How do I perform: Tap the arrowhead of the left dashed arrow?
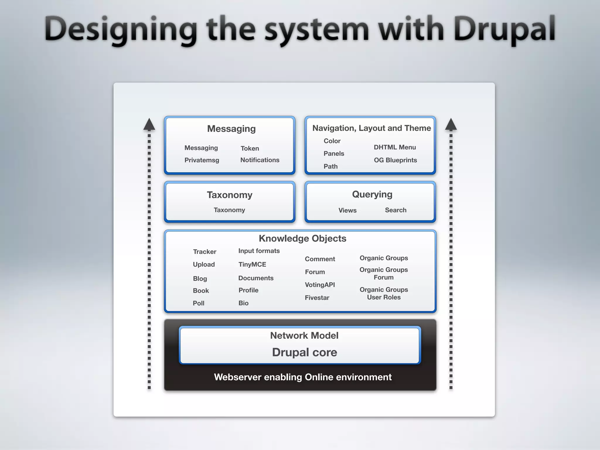coord(149,124)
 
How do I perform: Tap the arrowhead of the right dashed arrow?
coord(451,124)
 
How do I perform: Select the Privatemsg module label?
coord(202,160)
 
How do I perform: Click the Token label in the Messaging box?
coord(250,148)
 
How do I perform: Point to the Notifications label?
coord(260,160)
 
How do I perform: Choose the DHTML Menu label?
coord(395,147)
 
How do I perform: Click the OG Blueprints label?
coord(395,160)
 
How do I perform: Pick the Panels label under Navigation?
coord(334,154)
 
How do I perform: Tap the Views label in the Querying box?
coord(347,210)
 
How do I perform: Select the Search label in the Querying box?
coord(396,210)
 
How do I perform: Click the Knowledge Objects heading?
coord(302,238)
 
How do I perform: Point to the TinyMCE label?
coord(252,264)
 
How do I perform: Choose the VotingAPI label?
coord(320,285)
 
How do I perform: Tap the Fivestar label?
coord(317,298)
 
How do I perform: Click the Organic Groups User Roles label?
coord(384,293)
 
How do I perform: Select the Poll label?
coord(198,303)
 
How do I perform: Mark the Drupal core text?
coord(304,352)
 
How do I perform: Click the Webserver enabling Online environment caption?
coord(303,377)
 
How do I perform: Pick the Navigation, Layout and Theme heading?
coord(371,128)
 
